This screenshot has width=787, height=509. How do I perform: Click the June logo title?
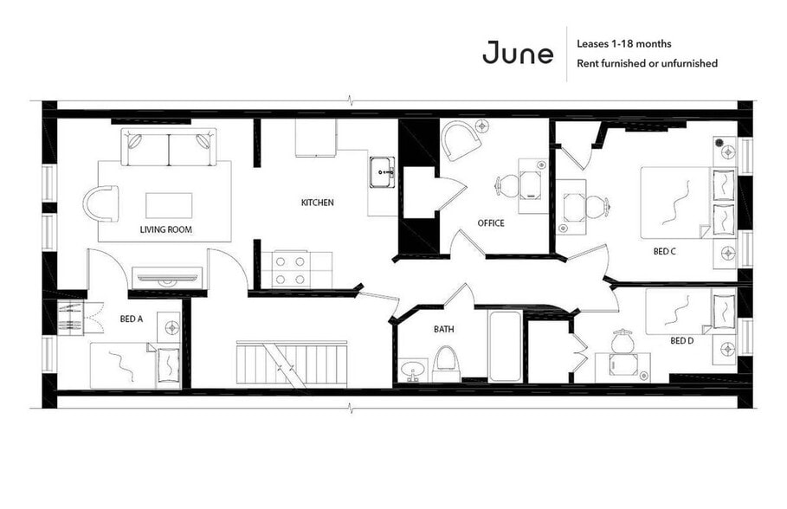pyautogui.click(x=518, y=53)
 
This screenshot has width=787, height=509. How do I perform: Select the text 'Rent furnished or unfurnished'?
pyautogui.click(x=647, y=63)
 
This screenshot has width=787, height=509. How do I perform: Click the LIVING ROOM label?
pyautogui.click(x=165, y=229)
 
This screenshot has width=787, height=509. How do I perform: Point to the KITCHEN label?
pyautogui.click(x=317, y=203)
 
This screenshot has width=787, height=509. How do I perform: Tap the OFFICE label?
pyautogui.click(x=491, y=223)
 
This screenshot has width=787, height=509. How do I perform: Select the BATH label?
pyautogui.click(x=443, y=329)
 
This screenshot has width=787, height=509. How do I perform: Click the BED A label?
pyautogui.click(x=132, y=319)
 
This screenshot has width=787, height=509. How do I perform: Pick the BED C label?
pyautogui.click(x=664, y=252)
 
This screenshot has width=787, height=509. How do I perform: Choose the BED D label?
pyautogui.click(x=682, y=340)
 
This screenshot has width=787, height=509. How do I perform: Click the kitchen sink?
pyautogui.click(x=382, y=172)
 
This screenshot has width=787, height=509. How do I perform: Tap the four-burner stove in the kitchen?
pyautogui.click(x=290, y=268)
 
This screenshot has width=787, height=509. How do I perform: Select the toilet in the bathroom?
pyautogui.click(x=446, y=363)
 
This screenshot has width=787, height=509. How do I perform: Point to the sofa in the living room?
pyautogui.click(x=168, y=146)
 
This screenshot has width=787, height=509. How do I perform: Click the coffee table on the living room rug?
pyautogui.click(x=169, y=204)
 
